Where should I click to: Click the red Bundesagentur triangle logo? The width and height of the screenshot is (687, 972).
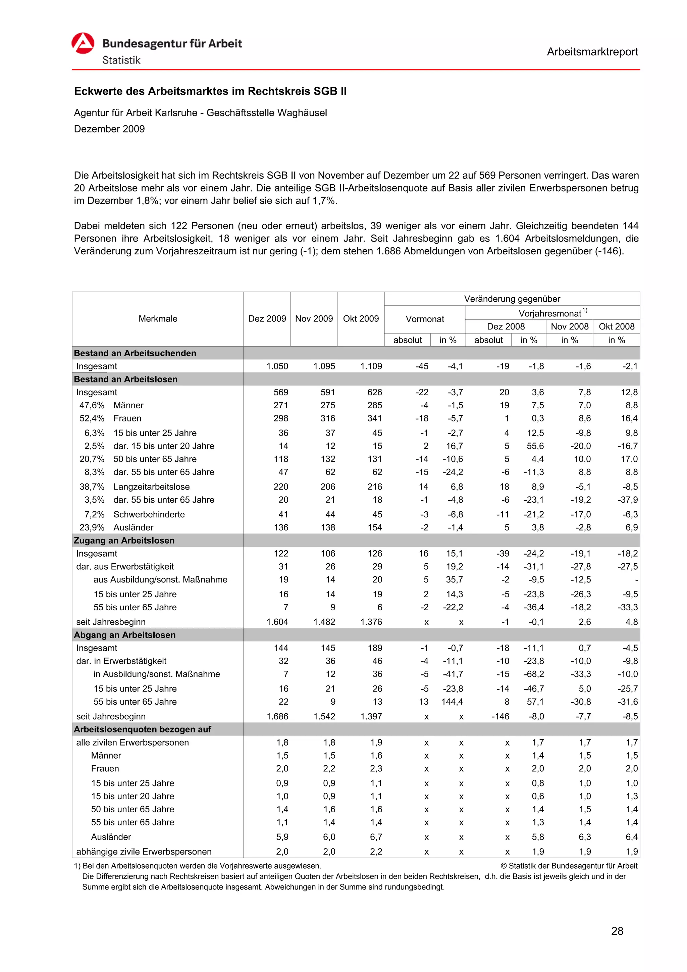point(83,43)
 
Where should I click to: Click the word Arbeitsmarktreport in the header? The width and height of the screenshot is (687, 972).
point(592,52)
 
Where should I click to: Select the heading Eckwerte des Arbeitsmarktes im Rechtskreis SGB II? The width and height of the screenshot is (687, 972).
point(210,92)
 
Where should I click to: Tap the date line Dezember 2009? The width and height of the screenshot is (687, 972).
point(109,129)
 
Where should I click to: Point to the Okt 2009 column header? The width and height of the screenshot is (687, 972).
point(361,319)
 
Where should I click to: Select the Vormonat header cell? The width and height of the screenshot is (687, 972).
point(425,319)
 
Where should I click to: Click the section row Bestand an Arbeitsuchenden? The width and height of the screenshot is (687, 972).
point(135,353)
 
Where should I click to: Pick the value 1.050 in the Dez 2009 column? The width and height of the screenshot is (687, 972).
point(277,366)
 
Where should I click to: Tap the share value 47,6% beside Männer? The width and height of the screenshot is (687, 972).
point(92,405)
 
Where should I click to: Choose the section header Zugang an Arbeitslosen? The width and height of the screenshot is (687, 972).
point(124,541)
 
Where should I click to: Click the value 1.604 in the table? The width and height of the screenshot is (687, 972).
point(277,622)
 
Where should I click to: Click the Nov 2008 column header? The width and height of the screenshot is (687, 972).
point(569,326)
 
